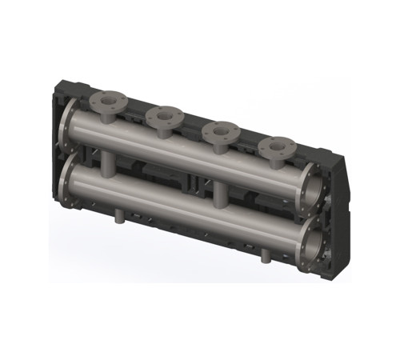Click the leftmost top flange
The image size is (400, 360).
pos(107,102)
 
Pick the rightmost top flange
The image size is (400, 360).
pos(278,146)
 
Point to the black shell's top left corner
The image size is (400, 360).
pos(64,78)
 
